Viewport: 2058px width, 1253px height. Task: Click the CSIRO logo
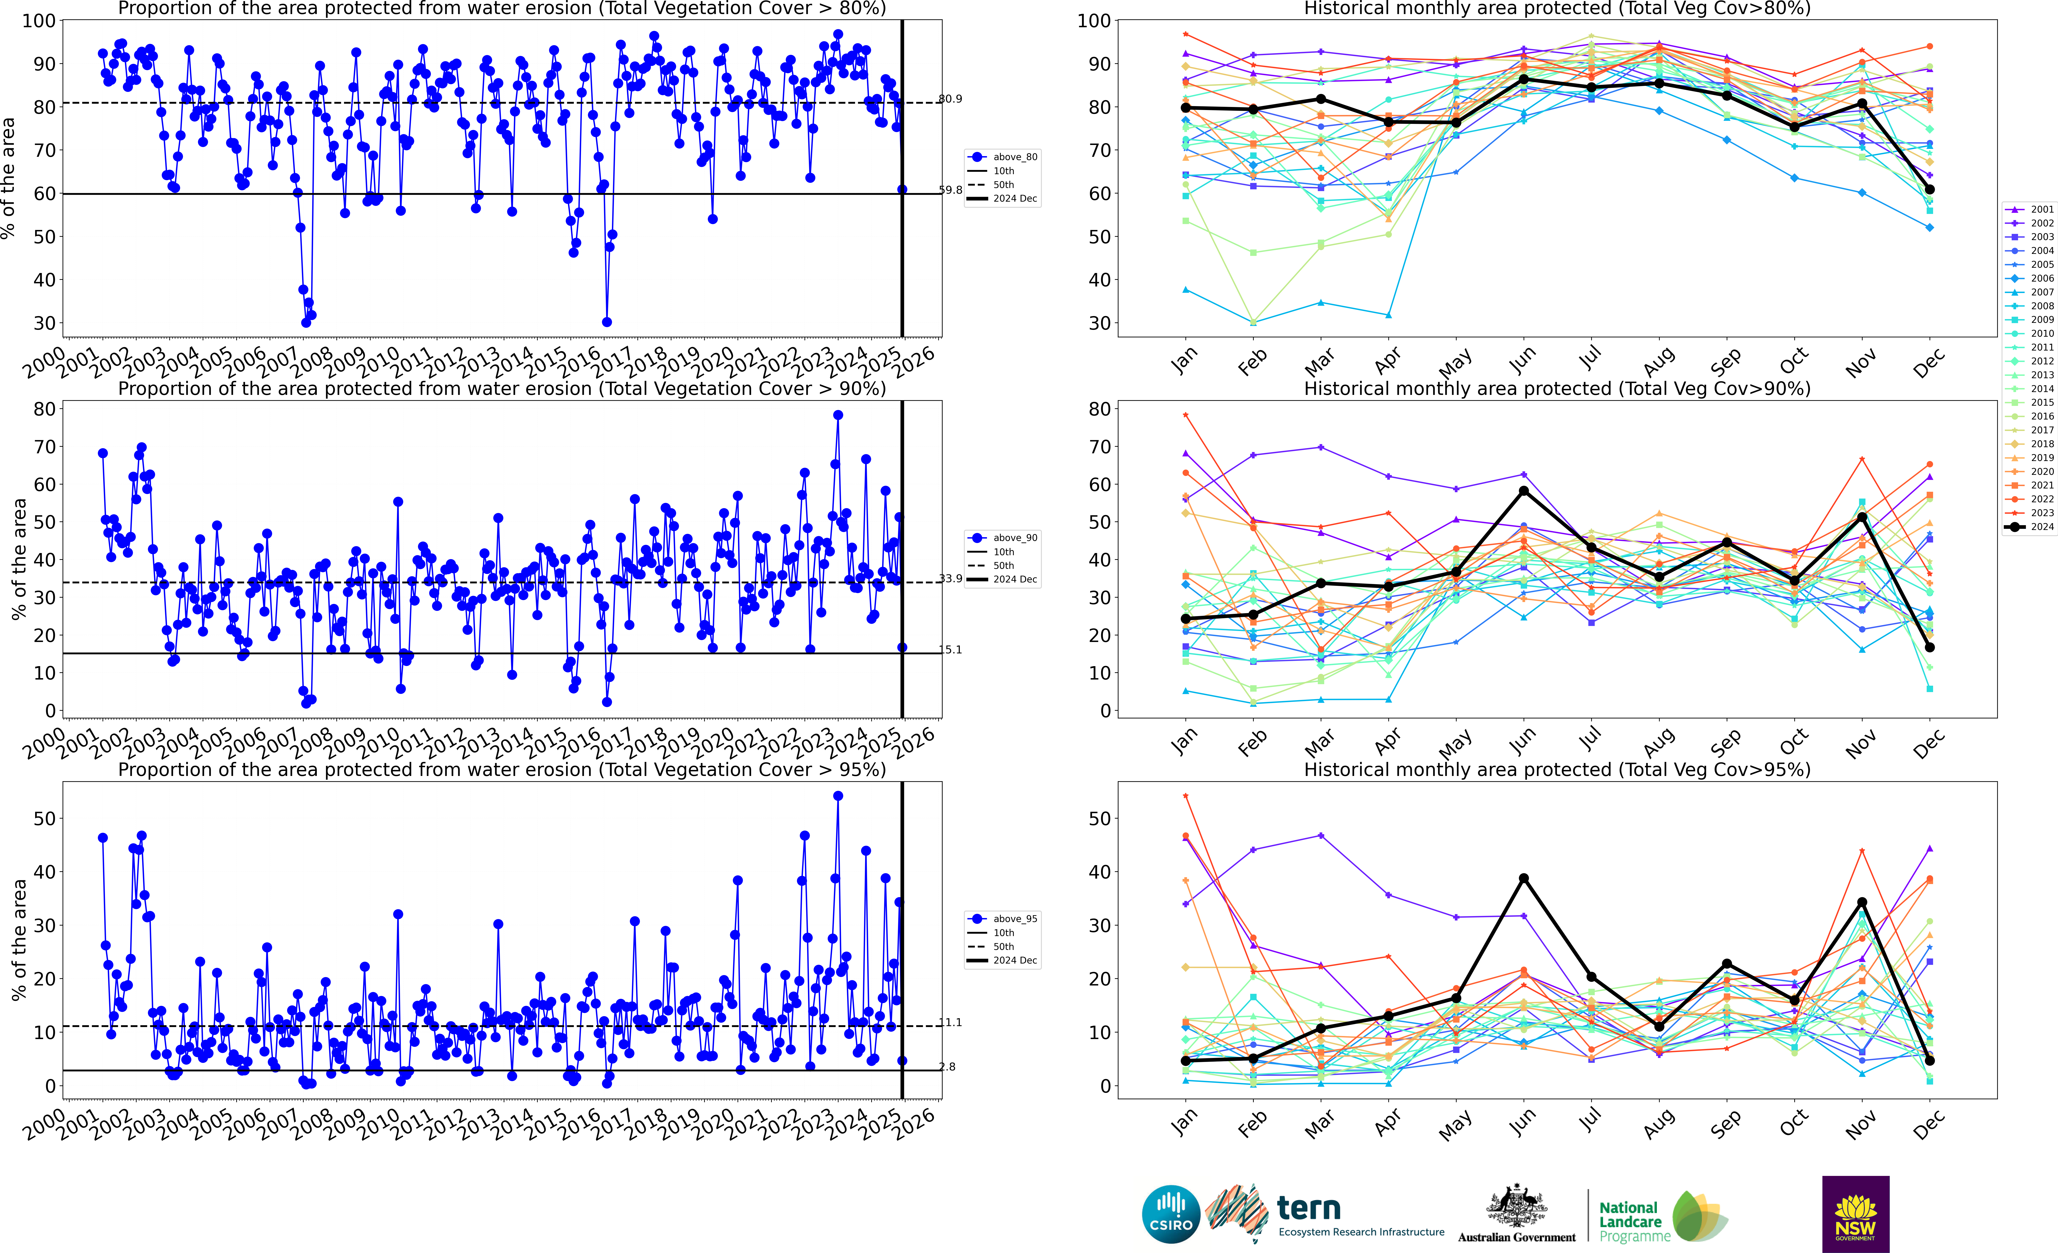coord(1170,1214)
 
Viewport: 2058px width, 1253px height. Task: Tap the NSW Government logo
coord(1855,1214)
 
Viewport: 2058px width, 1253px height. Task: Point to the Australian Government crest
coord(1516,1207)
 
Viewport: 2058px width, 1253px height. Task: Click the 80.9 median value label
coord(951,99)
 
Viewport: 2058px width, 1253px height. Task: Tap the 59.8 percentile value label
coord(951,190)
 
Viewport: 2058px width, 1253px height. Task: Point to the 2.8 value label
coord(947,1067)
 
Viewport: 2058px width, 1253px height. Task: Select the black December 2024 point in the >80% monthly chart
coord(1929,190)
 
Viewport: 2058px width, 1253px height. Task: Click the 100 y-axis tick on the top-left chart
coord(39,21)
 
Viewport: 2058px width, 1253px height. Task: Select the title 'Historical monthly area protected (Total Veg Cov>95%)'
coord(1557,769)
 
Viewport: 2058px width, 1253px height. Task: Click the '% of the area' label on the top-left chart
coord(8,178)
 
